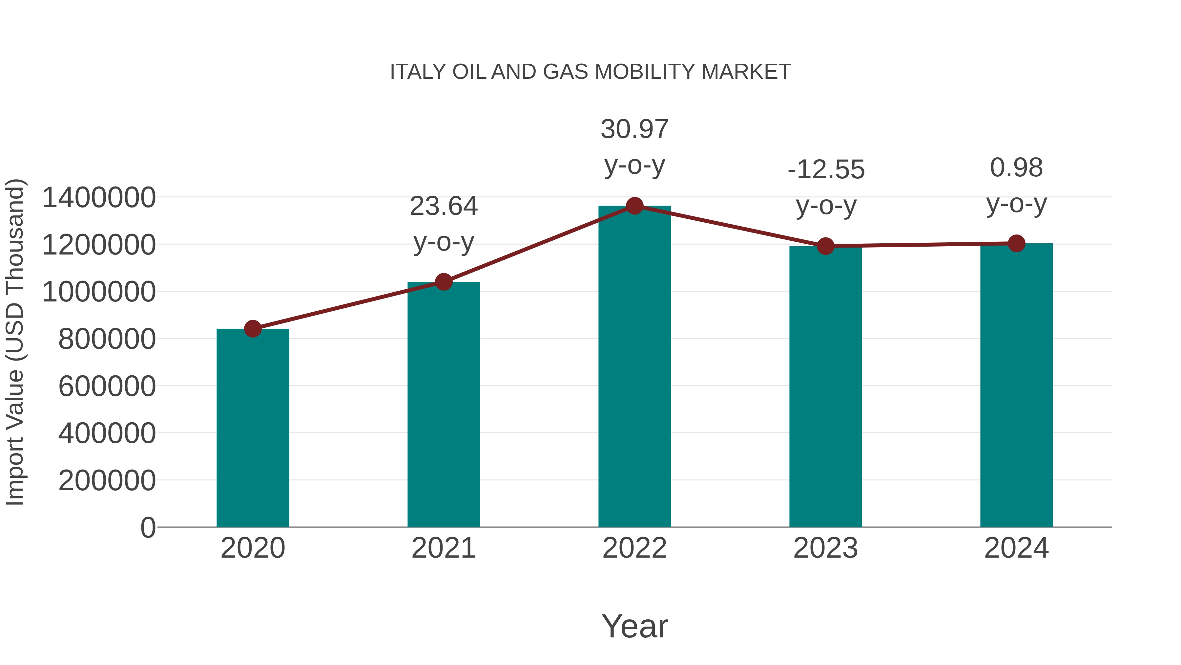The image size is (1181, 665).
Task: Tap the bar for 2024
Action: click(1016, 385)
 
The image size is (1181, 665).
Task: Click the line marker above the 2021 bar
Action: click(444, 282)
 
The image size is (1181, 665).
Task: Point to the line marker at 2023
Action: click(825, 246)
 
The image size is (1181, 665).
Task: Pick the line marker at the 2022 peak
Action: click(634, 206)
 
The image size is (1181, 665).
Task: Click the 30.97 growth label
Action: click(634, 129)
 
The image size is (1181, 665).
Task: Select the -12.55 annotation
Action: click(826, 170)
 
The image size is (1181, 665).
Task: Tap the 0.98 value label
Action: click(1016, 167)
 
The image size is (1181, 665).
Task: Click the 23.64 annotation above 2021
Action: click(444, 206)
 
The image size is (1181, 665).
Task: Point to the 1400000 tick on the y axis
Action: click(98, 198)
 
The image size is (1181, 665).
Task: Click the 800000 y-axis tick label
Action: click(107, 339)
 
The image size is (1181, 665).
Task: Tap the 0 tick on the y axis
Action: click(148, 527)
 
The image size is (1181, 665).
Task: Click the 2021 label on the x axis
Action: click(444, 548)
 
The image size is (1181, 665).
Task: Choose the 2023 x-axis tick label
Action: click(825, 548)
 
